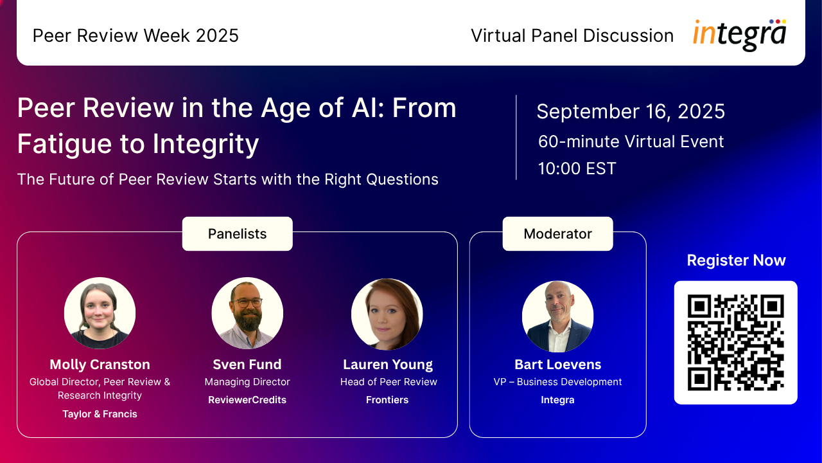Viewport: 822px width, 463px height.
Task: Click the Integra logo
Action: click(x=739, y=35)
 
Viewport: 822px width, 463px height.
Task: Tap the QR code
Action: click(x=735, y=343)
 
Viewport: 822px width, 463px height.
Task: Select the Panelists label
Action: click(x=238, y=233)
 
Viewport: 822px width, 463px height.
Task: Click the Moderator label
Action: click(x=558, y=233)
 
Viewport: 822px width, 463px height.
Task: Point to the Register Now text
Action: click(x=736, y=260)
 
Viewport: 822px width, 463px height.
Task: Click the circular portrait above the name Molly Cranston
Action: click(x=100, y=313)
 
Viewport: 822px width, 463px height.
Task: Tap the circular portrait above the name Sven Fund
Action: click(x=247, y=313)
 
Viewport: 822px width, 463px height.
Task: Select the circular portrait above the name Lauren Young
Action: click(x=387, y=314)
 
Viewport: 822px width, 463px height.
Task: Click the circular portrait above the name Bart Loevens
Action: click(x=558, y=316)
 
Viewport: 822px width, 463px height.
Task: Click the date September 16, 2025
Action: click(x=631, y=111)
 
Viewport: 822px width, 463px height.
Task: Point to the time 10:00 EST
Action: click(x=577, y=168)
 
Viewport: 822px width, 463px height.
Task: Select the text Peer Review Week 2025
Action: click(x=136, y=35)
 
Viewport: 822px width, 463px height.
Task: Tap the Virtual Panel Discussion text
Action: click(x=572, y=35)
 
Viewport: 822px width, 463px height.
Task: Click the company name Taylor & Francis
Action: click(x=100, y=414)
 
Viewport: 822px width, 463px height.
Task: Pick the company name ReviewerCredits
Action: click(x=247, y=400)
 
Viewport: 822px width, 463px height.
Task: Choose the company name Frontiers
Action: click(x=387, y=400)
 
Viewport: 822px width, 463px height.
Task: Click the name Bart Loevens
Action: click(x=558, y=365)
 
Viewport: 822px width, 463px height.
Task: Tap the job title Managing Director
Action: click(x=247, y=382)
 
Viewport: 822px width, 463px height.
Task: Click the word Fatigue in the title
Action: click(x=65, y=144)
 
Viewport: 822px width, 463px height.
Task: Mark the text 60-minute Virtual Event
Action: click(x=631, y=141)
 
